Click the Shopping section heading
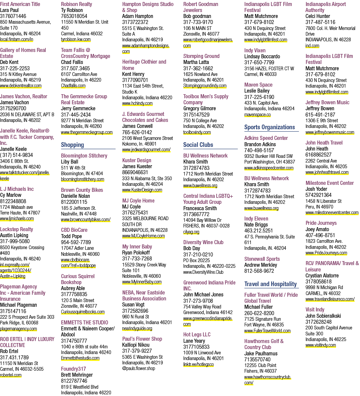[x=72, y=145]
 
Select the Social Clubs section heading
[x=198, y=145]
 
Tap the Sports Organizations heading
[x=269, y=127]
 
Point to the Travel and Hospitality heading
[x=271, y=284]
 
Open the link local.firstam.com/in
[x=16, y=39]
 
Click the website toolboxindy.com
[x=197, y=132]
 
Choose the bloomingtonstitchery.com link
[x=82, y=179]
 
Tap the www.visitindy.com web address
[x=321, y=345]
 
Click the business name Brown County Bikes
[x=82, y=190]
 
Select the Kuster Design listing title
[x=137, y=161]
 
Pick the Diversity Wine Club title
[x=203, y=242]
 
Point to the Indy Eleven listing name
[x=256, y=218]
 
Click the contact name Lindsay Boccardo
[x=262, y=56]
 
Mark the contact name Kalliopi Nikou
[x=136, y=345]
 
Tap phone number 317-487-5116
[x=320, y=22]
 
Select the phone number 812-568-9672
[x=259, y=271]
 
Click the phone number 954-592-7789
[x=76, y=242]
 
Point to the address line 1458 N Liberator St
[x=323, y=201]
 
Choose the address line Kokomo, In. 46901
[x=139, y=144]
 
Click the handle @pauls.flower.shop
[x=139, y=368]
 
